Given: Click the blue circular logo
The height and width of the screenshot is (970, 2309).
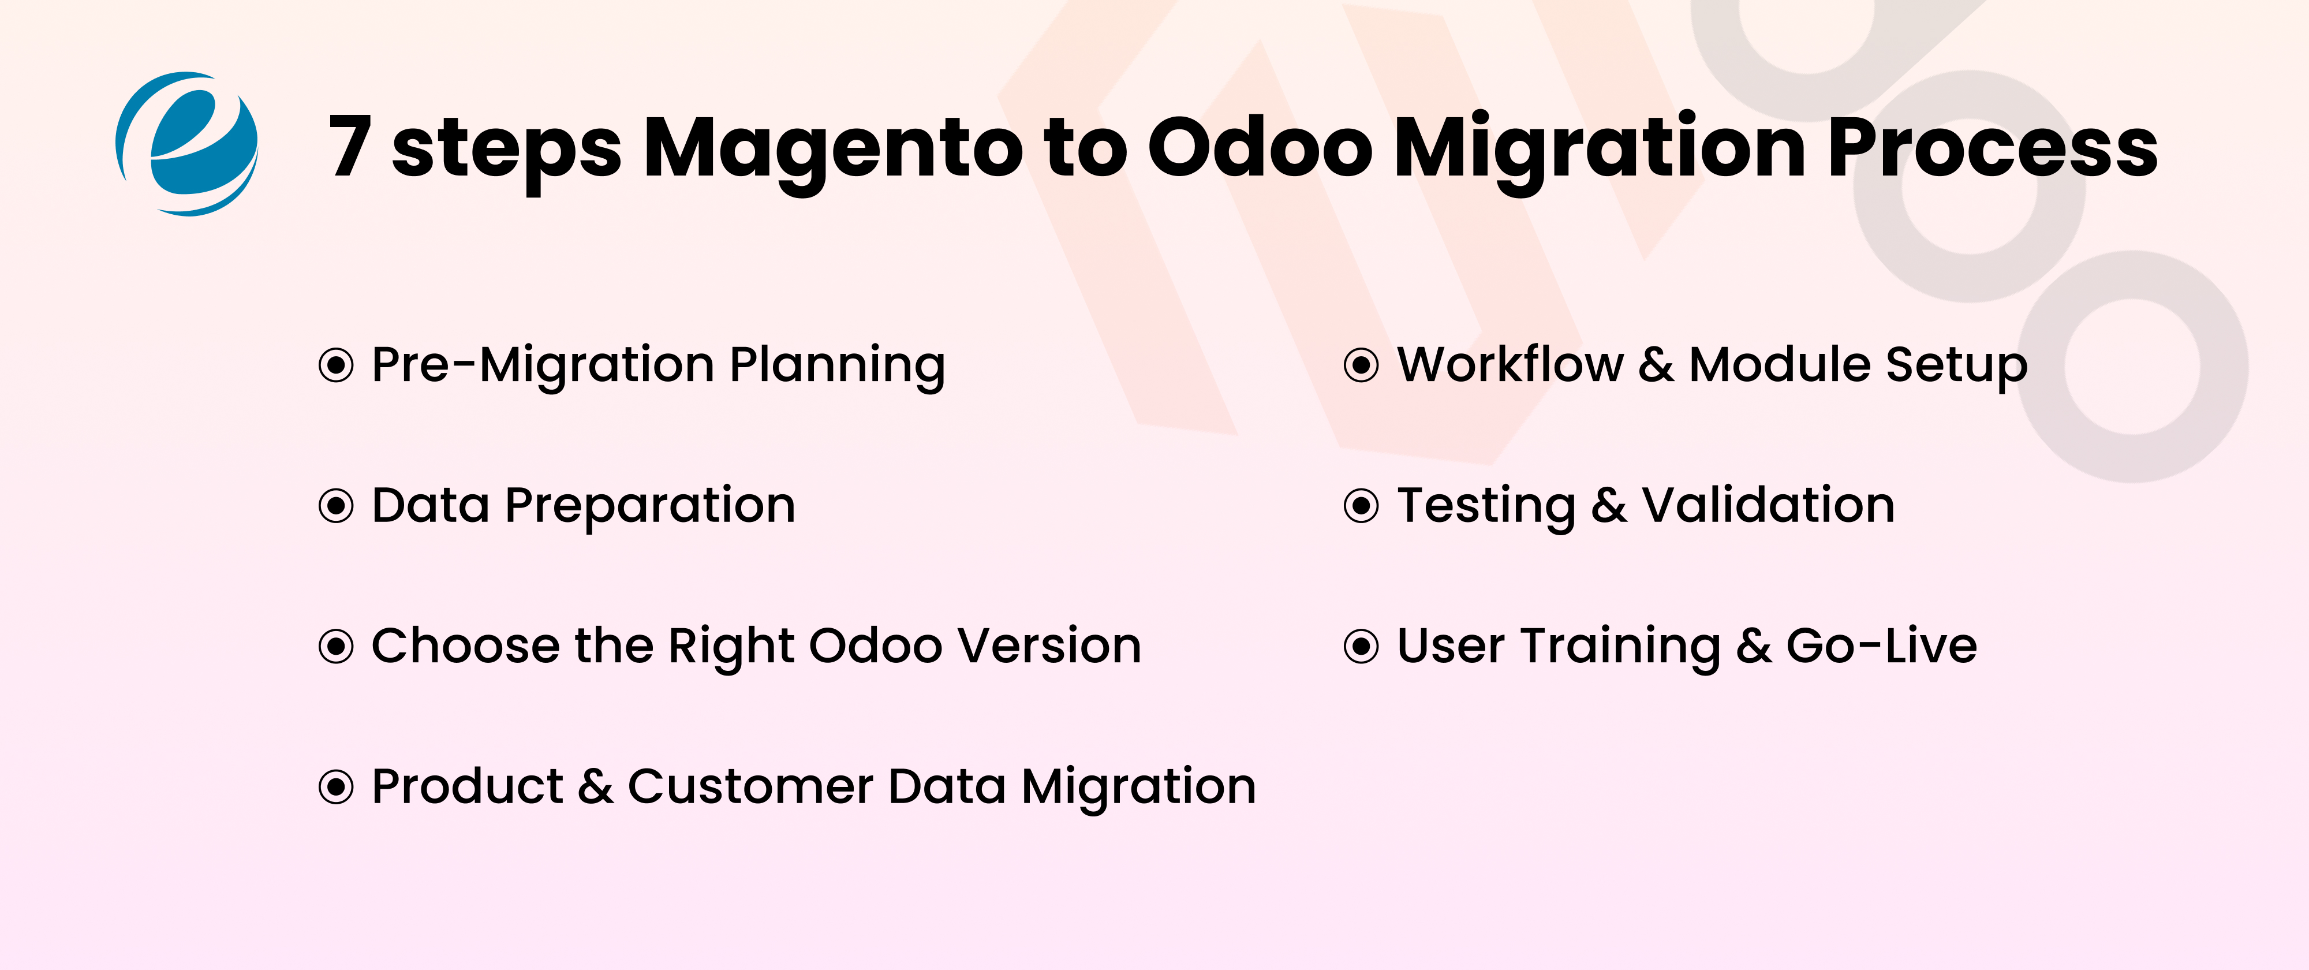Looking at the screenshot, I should pyautogui.click(x=186, y=143).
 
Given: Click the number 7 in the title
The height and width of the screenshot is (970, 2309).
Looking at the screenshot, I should pyautogui.click(x=350, y=145).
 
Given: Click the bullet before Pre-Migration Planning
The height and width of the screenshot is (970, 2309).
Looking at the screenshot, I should pyautogui.click(x=336, y=365).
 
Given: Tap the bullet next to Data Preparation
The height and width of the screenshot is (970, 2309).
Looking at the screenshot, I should pyautogui.click(x=336, y=506).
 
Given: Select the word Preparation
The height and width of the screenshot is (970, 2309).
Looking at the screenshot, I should pyautogui.click(x=650, y=506).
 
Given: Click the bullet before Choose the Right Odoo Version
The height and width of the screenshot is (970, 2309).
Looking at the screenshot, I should pyautogui.click(x=336, y=646).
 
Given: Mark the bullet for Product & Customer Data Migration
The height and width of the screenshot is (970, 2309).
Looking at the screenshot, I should pyautogui.click(x=336, y=787).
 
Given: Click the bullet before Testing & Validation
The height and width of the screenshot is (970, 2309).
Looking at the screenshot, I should pyautogui.click(x=1362, y=506).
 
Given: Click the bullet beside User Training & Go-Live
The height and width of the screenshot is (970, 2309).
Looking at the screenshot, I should pyautogui.click(x=1362, y=646).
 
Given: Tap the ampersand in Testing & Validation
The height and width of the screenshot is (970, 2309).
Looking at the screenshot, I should pyautogui.click(x=1609, y=506).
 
